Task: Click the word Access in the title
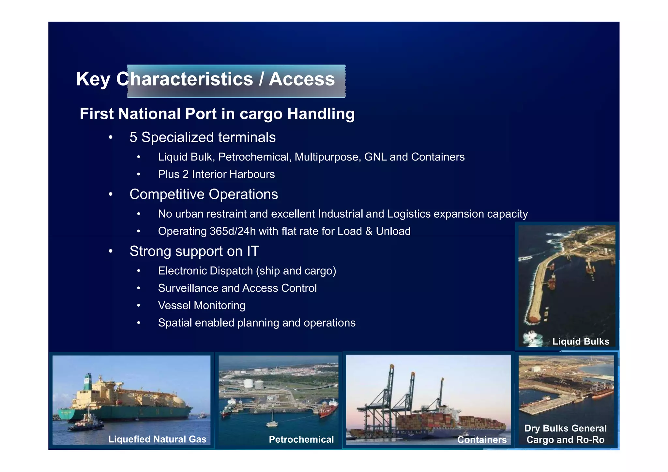point(302,79)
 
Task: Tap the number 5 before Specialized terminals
point(133,138)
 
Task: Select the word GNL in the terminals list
point(375,157)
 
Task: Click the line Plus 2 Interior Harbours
point(216,175)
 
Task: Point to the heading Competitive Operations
point(204,194)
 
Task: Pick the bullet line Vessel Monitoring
point(202,306)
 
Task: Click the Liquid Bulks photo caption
point(581,342)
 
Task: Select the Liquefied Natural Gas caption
point(157,439)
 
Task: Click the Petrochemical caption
point(301,439)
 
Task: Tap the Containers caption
point(482,440)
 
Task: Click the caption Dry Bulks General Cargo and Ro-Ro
point(565,434)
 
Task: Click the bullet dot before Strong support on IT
point(111,251)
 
